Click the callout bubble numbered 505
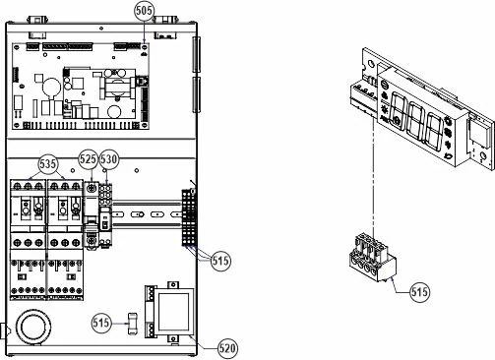tap(144, 11)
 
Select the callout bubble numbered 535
tap(48, 163)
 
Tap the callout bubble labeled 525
tap(89, 159)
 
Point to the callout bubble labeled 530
tap(108, 159)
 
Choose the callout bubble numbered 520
tap(228, 348)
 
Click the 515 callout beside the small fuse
tap(101, 323)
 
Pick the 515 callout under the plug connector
tap(419, 291)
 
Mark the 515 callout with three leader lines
tap(220, 261)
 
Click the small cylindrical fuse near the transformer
tap(132, 324)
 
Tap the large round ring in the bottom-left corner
tap(33, 327)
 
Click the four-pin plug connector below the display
tap(373, 258)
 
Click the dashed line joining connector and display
tap(373, 177)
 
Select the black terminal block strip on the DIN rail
tap(188, 217)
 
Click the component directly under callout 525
tap(93, 214)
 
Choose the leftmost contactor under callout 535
tap(28, 240)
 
